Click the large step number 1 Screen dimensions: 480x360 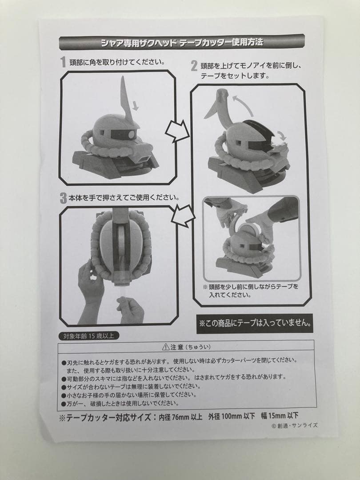pyautogui.click(x=63, y=62)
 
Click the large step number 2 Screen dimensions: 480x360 pyautogui.click(x=194, y=67)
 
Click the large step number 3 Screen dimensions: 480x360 pyautogui.click(x=63, y=198)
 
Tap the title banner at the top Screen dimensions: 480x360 pyautogui.click(x=182, y=43)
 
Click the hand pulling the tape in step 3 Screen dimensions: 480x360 pyautogui.click(x=130, y=309)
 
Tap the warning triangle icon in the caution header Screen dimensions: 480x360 pyautogui.click(x=166, y=347)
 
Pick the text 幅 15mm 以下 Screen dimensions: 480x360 pyautogui.click(x=280, y=417)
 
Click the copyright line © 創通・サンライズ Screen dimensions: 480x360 pyautogui.click(x=294, y=425)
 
